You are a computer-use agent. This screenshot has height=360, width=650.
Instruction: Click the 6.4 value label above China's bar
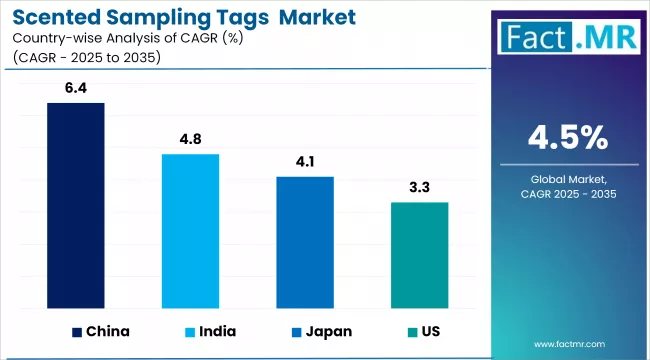(76, 90)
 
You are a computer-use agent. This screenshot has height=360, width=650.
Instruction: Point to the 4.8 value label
(190, 141)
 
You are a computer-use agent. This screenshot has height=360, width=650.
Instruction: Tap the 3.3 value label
(419, 189)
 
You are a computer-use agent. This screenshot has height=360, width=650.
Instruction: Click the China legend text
(108, 330)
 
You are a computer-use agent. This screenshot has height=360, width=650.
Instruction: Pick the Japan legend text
(329, 330)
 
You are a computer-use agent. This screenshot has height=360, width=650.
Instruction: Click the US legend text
(430, 330)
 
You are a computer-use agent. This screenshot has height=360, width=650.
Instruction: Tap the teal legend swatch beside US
(410, 330)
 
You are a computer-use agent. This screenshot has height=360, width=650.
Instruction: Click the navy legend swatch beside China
(77, 330)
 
